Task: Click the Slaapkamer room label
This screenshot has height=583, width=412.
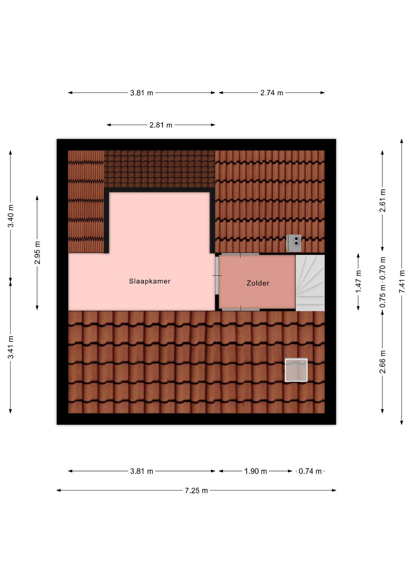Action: click(x=150, y=281)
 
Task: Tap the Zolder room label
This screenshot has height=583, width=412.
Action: click(x=258, y=283)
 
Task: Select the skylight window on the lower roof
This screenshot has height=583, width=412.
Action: click(x=296, y=370)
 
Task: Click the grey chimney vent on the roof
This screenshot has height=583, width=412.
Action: click(x=294, y=243)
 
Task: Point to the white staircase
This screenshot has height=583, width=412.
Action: click(x=310, y=283)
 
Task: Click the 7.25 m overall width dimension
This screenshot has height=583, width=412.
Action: click(x=196, y=490)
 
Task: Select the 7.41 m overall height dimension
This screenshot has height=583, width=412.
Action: click(x=402, y=281)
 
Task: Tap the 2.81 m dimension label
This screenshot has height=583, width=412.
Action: click(x=161, y=125)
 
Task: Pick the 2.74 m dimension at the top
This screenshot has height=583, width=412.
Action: click(x=272, y=93)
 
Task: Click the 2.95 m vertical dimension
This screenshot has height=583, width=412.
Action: click(x=37, y=253)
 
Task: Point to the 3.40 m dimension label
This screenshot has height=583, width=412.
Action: click(x=11, y=216)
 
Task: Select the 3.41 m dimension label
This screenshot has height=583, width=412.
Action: click(x=11, y=347)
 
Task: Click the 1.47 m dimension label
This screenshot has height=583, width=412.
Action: click(x=358, y=281)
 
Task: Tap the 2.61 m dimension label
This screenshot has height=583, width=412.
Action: click(x=383, y=200)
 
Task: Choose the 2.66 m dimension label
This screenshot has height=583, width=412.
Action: click(x=383, y=362)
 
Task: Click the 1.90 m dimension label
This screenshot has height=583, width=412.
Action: click(x=255, y=471)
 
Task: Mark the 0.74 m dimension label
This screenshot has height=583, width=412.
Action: click(x=310, y=471)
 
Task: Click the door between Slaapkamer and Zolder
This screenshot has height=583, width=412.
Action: click(x=217, y=275)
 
